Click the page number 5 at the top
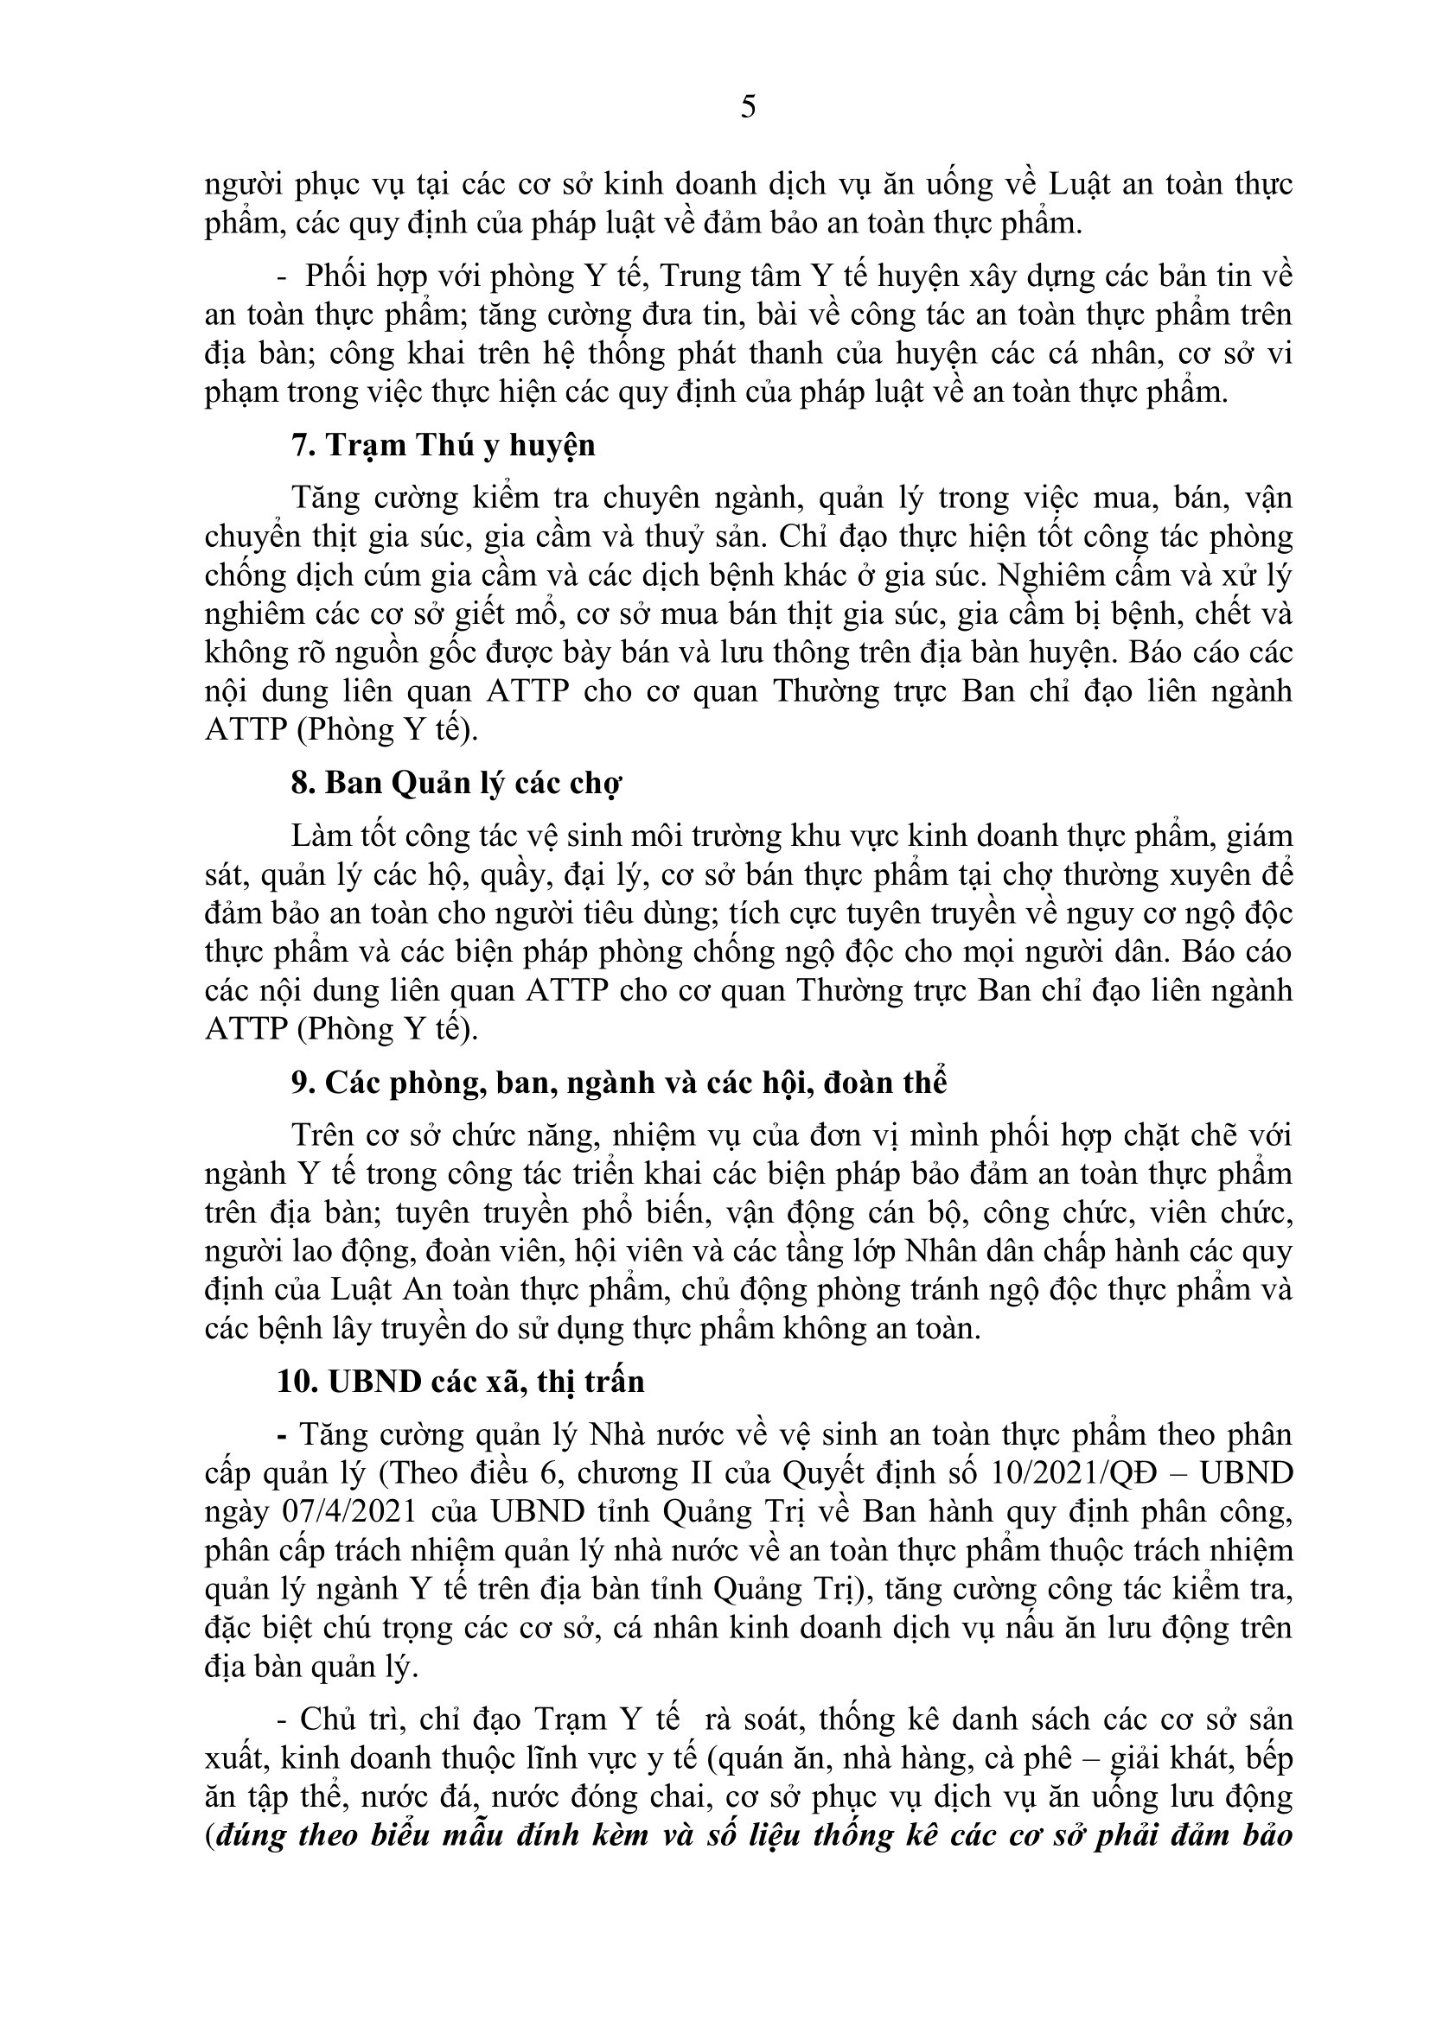[748, 106]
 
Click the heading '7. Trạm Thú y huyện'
[443, 445]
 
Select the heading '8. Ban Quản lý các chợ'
[456, 783]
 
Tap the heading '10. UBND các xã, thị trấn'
[461, 1381]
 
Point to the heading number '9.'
[303, 1082]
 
